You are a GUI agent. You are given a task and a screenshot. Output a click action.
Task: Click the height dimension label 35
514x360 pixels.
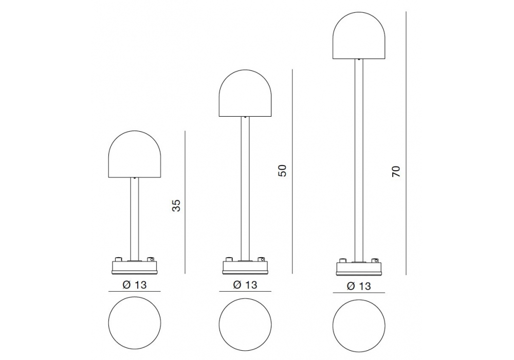click(176, 205)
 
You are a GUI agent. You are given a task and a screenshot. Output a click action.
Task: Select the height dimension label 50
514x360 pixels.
click(282, 171)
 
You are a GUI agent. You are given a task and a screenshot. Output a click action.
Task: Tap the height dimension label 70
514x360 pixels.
click(396, 172)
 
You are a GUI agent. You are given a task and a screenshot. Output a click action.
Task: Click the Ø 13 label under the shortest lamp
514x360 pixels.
click(134, 284)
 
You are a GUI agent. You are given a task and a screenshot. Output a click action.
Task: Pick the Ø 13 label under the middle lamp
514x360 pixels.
click(245, 284)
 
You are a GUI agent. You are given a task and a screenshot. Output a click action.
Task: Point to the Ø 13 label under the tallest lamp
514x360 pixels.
click(359, 286)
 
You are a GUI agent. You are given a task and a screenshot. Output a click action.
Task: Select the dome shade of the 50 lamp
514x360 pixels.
click(245, 93)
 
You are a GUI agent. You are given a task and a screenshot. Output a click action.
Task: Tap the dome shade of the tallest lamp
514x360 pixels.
click(359, 35)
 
